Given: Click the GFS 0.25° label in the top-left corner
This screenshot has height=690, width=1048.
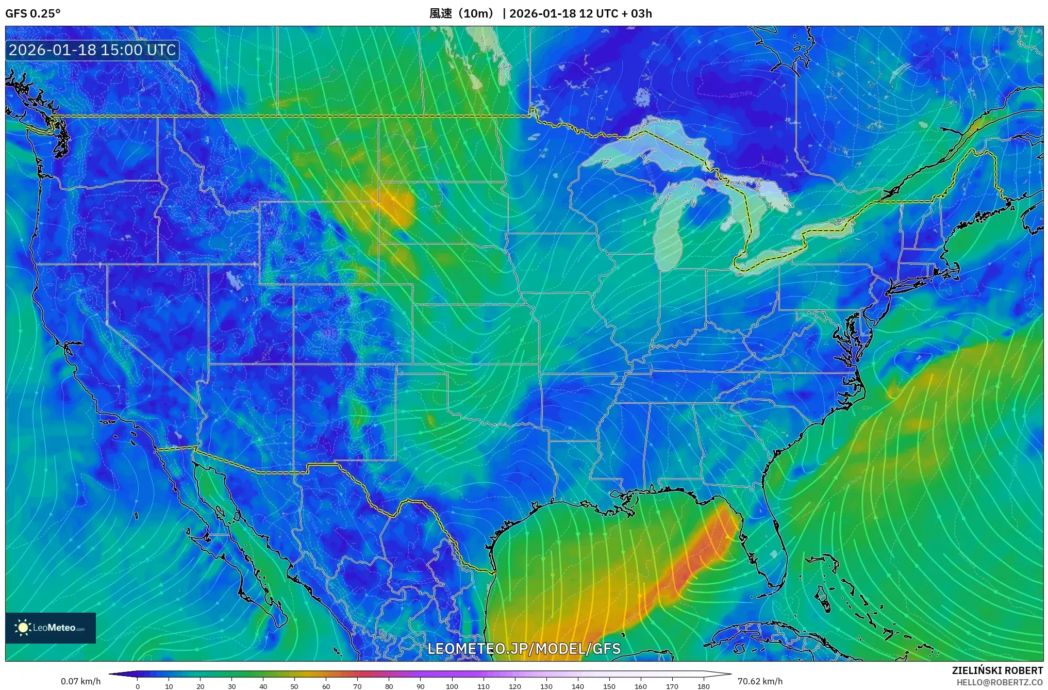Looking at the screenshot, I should (x=32, y=13).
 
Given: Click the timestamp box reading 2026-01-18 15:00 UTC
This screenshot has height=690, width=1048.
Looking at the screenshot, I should (x=92, y=51).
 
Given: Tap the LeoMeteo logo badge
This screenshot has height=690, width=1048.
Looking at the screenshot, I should (x=51, y=628).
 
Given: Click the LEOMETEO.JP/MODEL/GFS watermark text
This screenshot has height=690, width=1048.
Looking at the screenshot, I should (x=524, y=648).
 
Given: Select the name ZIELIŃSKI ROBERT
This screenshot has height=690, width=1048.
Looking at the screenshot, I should (x=997, y=670).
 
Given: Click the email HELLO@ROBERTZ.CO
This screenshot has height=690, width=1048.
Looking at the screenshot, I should (x=1000, y=682).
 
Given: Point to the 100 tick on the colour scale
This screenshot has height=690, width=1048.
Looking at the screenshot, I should (x=452, y=686).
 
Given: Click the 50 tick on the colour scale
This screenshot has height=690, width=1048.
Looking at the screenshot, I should (x=294, y=686).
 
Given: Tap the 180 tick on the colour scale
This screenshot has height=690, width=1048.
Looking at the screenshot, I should (x=703, y=686).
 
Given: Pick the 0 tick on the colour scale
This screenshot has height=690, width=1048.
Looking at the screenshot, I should (x=138, y=686).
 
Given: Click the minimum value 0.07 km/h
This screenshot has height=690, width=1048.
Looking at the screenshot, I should (x=80, y=681).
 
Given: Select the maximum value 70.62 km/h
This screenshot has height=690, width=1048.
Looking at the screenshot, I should (x=760, y=681).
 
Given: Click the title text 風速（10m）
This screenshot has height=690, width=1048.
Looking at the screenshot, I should (x=462, y=13).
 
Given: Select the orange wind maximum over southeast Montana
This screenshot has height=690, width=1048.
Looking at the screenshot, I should (x=397, y=206).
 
